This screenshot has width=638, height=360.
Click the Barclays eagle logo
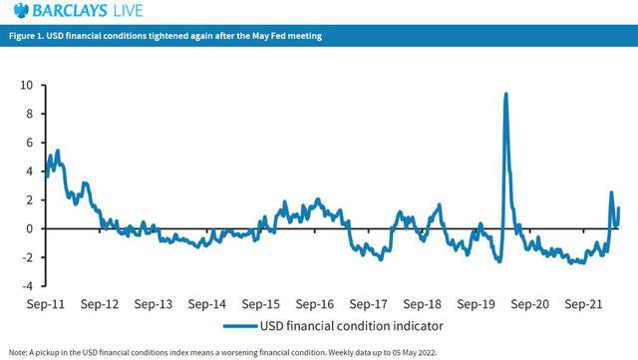[x=21, y=10]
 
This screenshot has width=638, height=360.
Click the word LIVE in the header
[x=128, y=11]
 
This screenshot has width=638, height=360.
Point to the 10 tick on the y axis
[x=27, y=85]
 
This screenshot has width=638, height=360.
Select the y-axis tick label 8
[x=29, y=114]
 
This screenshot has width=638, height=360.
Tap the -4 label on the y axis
[x=27, y=286]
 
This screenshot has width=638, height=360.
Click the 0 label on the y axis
[x=29, y=228]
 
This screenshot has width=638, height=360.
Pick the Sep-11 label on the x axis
[x=46, y=304]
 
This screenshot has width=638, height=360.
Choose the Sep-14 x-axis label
[x=207, y=304]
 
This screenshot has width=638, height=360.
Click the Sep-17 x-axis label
[x=368, y=304]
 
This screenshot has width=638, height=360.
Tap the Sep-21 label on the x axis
[x=583, y=304]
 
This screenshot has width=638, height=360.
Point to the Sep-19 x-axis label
[x=477, y=304]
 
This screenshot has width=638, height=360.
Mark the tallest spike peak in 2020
[x=505, y=94]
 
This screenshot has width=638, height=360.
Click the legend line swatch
[x=240, y=326]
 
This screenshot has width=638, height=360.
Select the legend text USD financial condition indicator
[x=352, y=326]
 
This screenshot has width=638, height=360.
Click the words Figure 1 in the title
[x=27, y=36]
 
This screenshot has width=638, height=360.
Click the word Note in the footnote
[x=18, y=352]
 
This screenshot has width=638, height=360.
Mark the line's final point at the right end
[x=619, y=208]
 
